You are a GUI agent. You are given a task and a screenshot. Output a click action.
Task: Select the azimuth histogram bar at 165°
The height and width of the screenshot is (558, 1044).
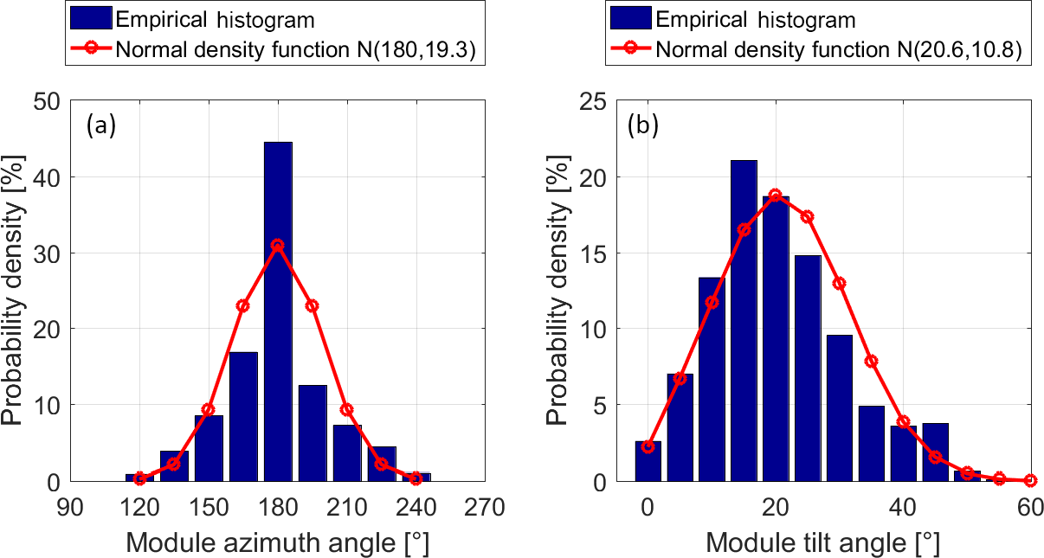click(x=243, y=416)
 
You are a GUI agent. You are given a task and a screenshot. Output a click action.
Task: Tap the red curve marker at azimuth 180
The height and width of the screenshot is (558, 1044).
click(x=277, y=245)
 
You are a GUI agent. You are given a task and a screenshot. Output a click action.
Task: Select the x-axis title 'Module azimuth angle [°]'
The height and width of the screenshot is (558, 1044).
click(x=278, y=543)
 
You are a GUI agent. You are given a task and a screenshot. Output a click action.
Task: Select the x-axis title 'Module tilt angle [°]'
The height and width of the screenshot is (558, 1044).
click(x=822, y=543)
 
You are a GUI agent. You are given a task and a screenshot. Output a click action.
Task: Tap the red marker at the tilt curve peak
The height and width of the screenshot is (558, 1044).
click(x=776, y=195)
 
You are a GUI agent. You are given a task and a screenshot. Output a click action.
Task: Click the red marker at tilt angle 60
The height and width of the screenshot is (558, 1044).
click(x=1030, y=480)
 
